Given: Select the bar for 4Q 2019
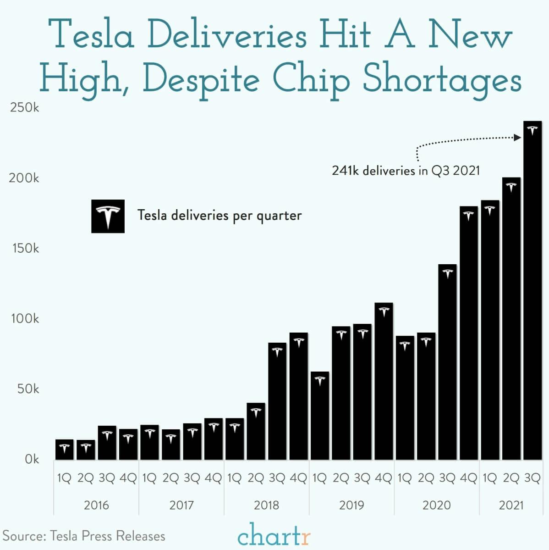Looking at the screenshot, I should (x=383, y=381).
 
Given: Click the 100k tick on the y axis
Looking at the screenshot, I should (x=25, y=318).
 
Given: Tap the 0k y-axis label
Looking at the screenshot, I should (x=32, y=459).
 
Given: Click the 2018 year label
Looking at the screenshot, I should (x=266, y=505).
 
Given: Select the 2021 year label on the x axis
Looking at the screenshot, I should (x=511, y=505).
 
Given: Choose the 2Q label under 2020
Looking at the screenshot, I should (x=426, y=478).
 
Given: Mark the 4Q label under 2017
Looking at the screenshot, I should (x=213, y=478).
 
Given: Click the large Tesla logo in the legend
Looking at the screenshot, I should (x=108, y=216).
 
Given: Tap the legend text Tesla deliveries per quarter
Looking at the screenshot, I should (x=220, y=215).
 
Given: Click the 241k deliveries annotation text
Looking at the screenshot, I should (x=406, y=171).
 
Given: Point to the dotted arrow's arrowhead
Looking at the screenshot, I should (x=517, y=137).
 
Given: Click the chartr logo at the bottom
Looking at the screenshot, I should (x=274, y=534).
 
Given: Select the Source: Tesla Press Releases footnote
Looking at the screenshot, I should (x=84, y=536).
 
